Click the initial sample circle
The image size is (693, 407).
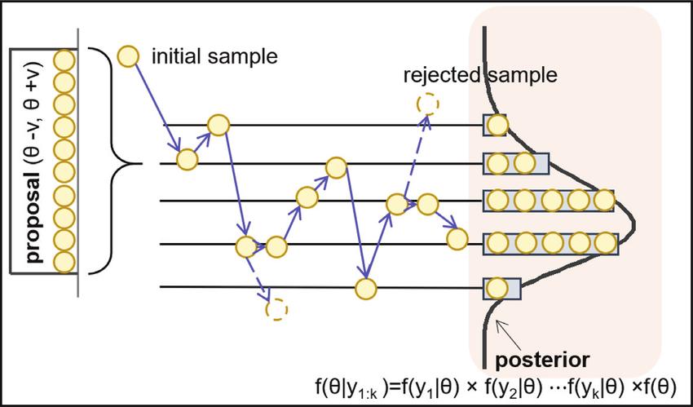128,56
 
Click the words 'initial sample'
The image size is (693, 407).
214,56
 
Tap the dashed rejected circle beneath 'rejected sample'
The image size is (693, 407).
428,104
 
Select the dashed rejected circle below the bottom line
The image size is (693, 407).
276,309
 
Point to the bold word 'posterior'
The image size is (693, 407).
542,361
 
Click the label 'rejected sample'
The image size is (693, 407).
480,76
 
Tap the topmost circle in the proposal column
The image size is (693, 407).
64,60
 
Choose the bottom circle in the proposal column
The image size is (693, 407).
64,262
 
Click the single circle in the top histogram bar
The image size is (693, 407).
497,126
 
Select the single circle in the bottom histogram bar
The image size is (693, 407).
497,289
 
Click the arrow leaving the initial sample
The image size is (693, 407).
158,107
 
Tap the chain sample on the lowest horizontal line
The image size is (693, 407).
366,289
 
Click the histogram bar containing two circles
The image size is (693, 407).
516,163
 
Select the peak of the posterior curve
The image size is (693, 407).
634,221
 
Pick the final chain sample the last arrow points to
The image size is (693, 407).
457,239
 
